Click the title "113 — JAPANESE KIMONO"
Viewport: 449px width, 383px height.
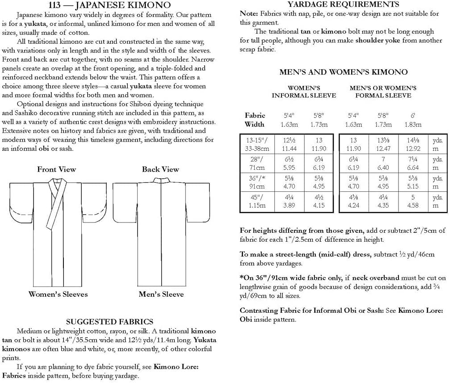(x=109, y=5)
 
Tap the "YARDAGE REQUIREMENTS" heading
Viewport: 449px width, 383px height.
(x=344, y=4)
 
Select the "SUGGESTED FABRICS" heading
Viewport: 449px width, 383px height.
(x=109, y=321)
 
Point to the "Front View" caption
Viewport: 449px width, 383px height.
(x=56, y=169)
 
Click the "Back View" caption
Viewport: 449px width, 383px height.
(x=160, y=169)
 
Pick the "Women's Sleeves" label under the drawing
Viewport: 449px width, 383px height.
(x=58, y=294)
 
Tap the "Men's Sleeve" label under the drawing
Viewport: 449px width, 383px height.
(x=161, y=294)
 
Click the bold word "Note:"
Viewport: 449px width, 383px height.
(x=249, y=14)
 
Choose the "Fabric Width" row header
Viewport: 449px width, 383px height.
(x=255, y=120)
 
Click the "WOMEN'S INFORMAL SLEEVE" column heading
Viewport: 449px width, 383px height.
(x=304, y=92)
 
